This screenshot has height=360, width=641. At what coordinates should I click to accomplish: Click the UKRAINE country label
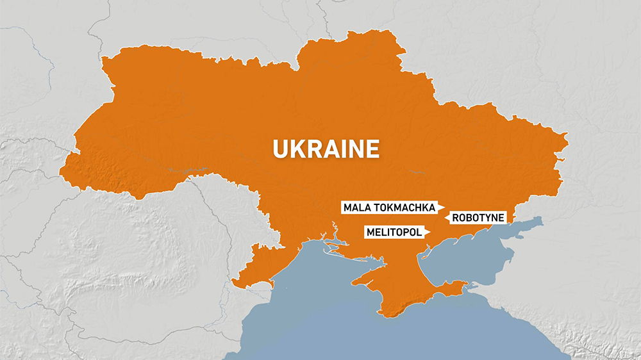(x=326, y=149)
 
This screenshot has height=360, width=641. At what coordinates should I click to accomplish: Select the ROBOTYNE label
(x=478, y=218)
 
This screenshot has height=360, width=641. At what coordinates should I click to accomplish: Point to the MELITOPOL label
(x=395, y=233)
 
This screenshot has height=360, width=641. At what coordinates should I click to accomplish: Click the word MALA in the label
(x=356, y=208)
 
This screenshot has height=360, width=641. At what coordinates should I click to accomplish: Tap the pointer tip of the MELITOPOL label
(x=430, y=233)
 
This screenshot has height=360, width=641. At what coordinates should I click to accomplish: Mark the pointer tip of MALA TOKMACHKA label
(x=444, y=208)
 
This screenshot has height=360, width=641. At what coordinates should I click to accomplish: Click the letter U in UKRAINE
(x=279, y=149)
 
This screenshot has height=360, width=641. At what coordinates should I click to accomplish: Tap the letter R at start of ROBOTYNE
(x=456, y=218)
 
